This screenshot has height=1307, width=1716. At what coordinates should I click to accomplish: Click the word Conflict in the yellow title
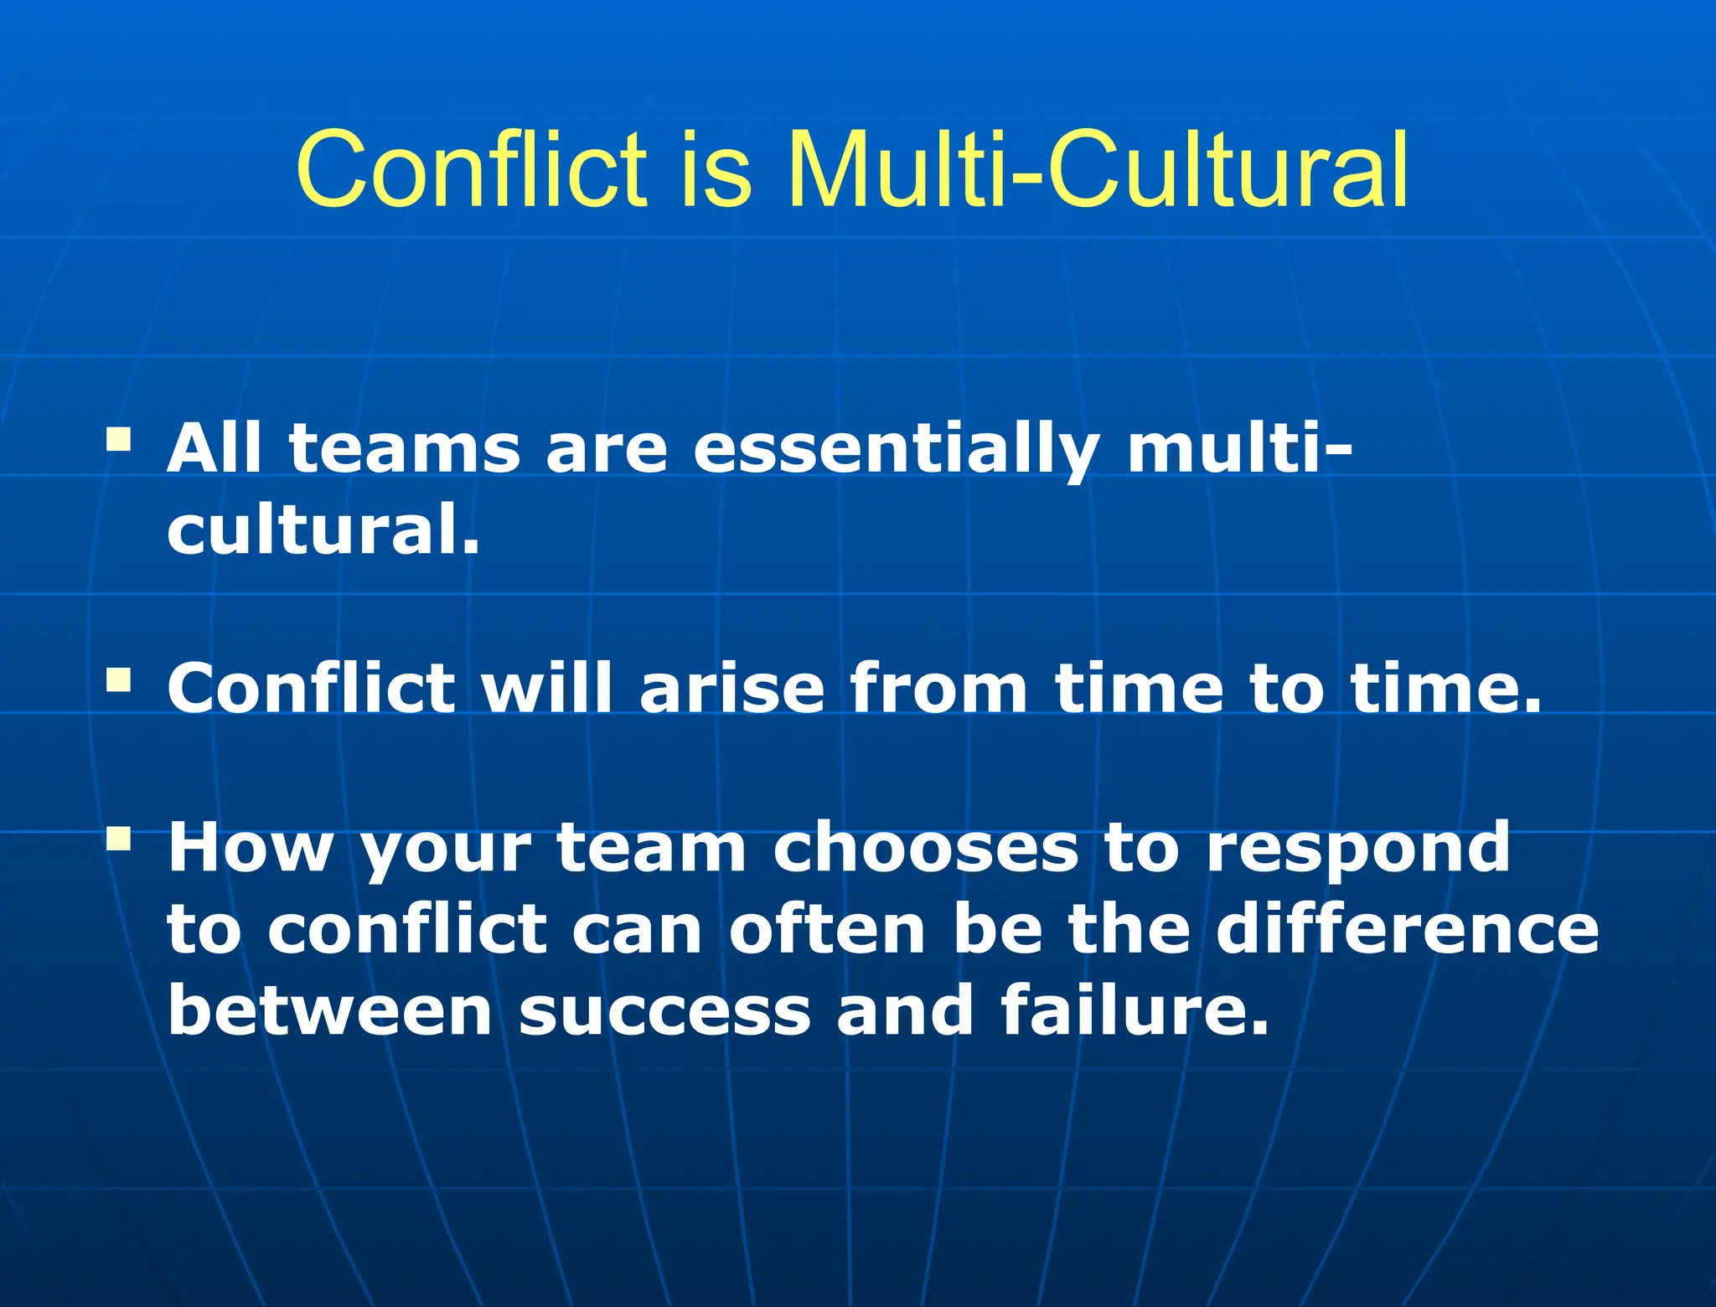pos(472,170)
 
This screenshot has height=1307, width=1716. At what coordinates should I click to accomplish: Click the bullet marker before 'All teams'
pos(119,438)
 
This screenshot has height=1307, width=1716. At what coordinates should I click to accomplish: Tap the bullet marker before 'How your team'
pos(119,837)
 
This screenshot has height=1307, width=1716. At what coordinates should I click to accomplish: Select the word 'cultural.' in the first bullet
pos(323,530)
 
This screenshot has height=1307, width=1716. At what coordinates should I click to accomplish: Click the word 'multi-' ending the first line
pos(1238,449)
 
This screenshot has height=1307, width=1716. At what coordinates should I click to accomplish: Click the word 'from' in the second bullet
pos(938,689)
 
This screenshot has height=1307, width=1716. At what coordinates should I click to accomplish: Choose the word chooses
pos(925,849)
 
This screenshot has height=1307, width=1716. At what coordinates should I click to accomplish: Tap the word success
pos(664,1012)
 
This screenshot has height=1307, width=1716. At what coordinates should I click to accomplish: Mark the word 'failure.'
pos(1135,1010)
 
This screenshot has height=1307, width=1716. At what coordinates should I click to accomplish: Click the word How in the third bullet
pos(250,849)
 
